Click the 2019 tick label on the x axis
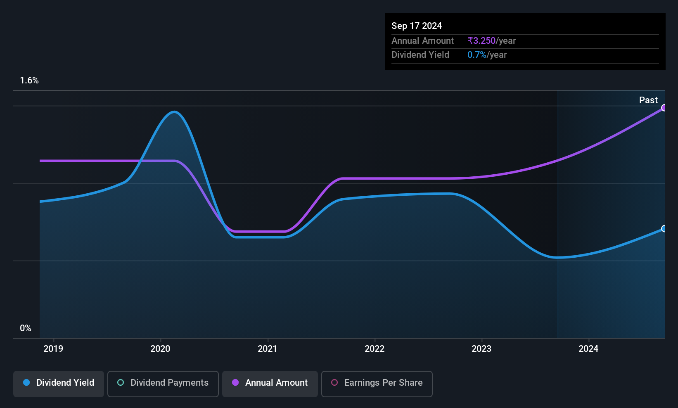pos(53,349)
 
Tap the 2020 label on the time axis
pos(161,349)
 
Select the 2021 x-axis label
pos(268,349)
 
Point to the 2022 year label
pos(375,349)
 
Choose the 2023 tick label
pos(481,349)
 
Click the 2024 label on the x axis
pos(588,349)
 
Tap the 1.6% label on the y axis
pos(29,81)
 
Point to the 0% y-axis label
pos(26,328)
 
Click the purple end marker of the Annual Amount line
pos(663,108)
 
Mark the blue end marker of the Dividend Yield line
pos(663,228)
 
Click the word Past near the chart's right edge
pos(648,100)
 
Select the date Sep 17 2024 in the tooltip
pos(417,26)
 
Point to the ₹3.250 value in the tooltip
pos(481,40)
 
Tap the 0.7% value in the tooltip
pos(477,55)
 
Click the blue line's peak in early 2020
pos(174,112)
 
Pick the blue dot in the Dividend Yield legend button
pos(27,382)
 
